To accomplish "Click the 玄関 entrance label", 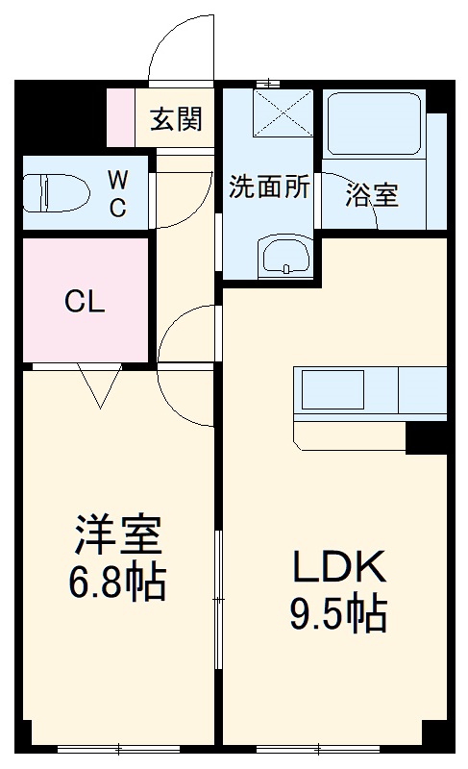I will pos(176,119).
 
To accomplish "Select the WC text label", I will pos(116,192).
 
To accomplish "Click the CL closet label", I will pos(85,302).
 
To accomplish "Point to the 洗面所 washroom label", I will pos(269,187).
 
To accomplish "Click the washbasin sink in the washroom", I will pos(283,257).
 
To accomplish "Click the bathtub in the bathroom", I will pos(376,124).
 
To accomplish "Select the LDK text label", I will pos(337,567).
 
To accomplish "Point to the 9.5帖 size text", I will pos(337,613).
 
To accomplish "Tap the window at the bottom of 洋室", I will pos(118,748).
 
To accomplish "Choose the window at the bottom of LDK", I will pos(318,748).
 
